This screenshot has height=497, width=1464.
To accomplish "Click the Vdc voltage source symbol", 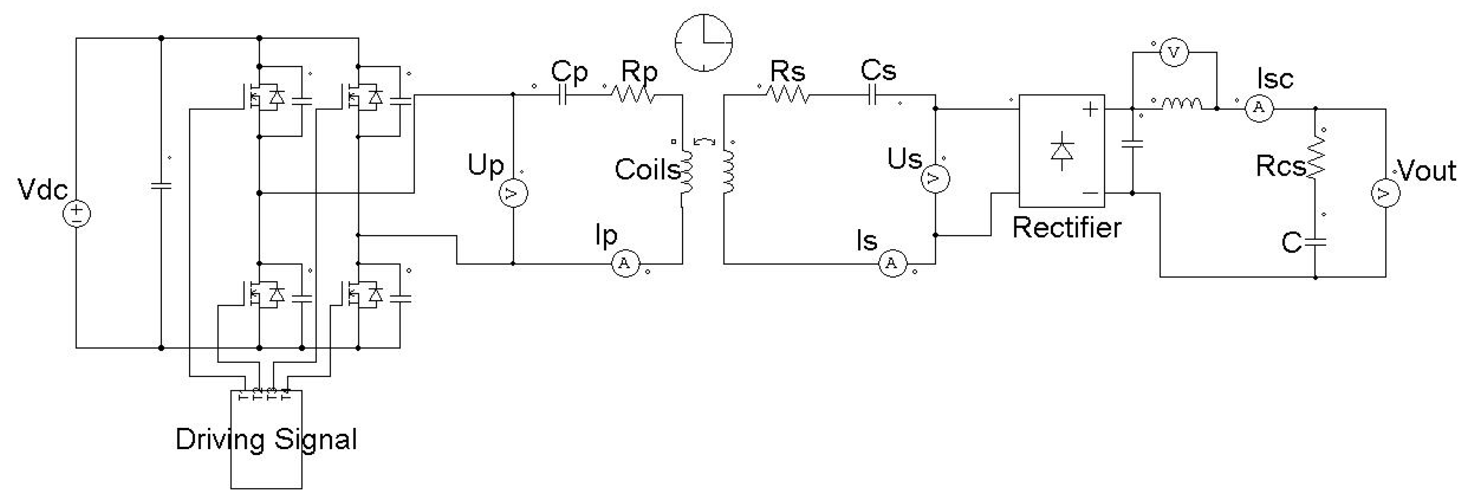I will coord(76,214).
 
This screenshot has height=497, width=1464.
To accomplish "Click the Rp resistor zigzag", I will coord(633,95).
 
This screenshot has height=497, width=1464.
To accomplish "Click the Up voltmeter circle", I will coord(513,193).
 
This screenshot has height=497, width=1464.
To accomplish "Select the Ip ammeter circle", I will coord(625,264).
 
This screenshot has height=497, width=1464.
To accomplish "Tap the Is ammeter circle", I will coord(892,264).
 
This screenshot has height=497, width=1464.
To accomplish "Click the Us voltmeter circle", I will coord(935,179).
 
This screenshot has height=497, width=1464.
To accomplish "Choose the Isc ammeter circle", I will coord(1259,108).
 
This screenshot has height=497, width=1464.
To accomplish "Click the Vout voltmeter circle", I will coord(1385,193).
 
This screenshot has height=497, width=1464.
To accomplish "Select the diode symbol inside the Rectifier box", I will coord(1061,151).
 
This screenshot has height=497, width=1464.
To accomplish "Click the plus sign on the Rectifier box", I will coord(1090,110).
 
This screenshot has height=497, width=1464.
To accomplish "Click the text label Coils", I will coord(647,170).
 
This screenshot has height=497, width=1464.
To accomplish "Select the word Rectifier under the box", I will coord(1067,228).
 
